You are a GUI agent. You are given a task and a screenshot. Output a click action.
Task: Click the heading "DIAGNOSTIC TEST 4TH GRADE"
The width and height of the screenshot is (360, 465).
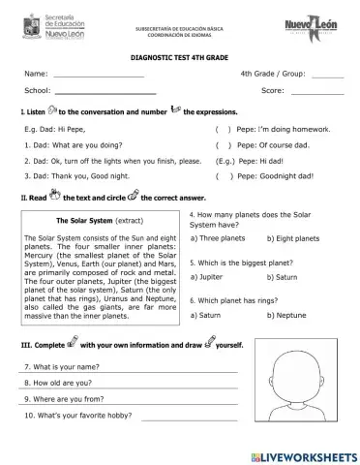tap(179, 58)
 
